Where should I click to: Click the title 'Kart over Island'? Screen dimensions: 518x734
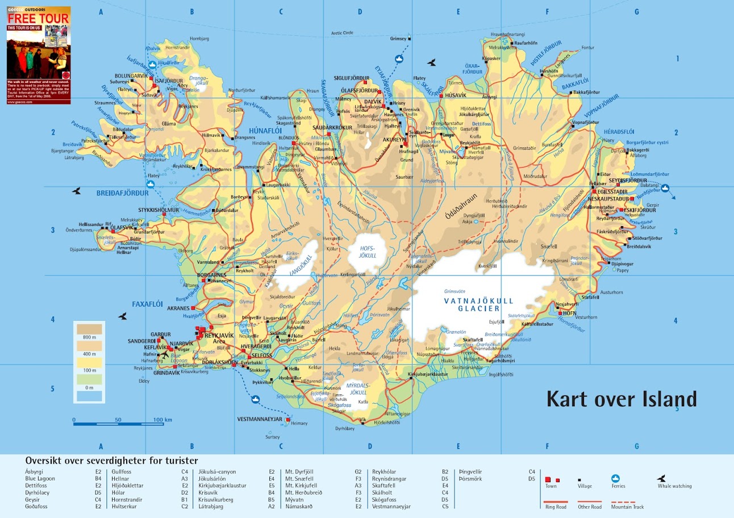[x=621, y=399]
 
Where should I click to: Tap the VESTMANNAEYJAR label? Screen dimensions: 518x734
[x=260, y=419]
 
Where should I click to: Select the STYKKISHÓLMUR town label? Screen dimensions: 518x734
[x=159, y=210]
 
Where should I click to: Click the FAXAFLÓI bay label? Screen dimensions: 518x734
[x=148, y=304]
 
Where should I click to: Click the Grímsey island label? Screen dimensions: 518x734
[x=399, y=39]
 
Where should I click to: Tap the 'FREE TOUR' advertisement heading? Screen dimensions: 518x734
[x=39, y=19]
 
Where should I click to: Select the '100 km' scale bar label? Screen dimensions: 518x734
[x=163, y=420]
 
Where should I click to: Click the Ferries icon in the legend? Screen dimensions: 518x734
[x=615, y=478]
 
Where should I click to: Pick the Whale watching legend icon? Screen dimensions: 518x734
[x=661, y=478]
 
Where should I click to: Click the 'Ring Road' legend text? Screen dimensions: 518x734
[x=555, y=507]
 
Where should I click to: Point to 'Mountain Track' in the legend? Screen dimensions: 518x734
[x=627, y=507]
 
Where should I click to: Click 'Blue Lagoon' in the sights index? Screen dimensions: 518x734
[x=40, y=479]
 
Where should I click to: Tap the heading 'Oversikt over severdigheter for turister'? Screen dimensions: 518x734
[x=111, y=461]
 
